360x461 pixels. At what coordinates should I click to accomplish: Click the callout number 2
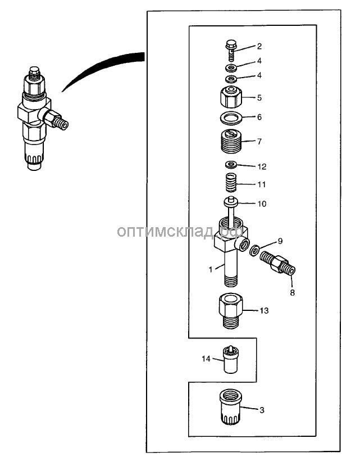pos(259,47)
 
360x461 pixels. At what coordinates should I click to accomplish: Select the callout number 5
pos(259,97)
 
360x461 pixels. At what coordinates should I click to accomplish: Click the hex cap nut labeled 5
pos(230,97)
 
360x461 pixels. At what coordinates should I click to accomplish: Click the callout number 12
pos(262,167)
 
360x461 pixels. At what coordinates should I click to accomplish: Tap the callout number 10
pos(262,204)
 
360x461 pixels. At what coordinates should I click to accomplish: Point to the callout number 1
pos(211,269)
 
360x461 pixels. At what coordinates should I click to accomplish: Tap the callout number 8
pos(292,292)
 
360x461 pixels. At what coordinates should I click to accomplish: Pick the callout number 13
pos(265,310)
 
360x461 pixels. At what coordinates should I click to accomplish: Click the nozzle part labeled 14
pos(230,360)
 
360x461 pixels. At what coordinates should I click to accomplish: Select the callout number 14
pos(206,358)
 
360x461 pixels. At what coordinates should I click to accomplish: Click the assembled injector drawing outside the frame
pos(37,118)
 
